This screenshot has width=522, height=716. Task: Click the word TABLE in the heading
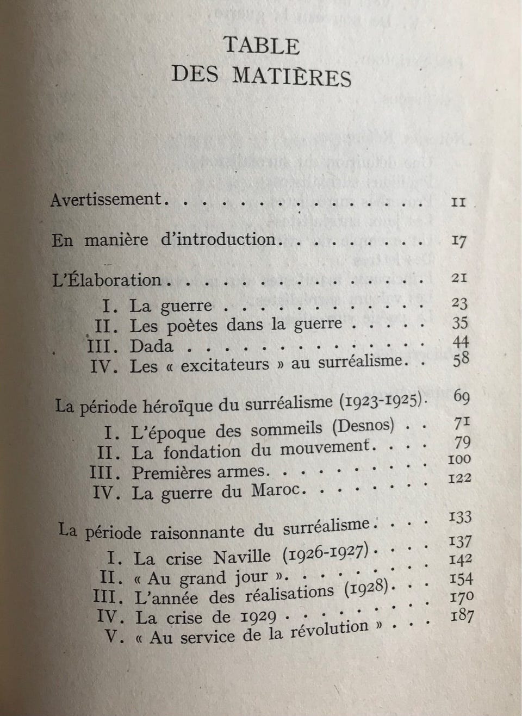(262, 46)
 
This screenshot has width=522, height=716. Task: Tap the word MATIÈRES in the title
(292, 76)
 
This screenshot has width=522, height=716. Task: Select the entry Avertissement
(107, 200)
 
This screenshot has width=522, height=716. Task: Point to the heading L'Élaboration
(107, 281)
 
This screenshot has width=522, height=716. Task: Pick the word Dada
(151, 346)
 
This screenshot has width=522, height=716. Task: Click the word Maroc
(276, 490)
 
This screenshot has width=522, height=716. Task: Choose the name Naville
(242, 556)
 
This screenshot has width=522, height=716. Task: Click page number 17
(459, 240)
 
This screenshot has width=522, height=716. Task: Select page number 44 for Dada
(460, 342)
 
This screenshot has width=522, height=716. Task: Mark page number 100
(459, 459)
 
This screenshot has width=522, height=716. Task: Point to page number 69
(461, 396)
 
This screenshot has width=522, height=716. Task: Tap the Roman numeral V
(111, 637)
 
